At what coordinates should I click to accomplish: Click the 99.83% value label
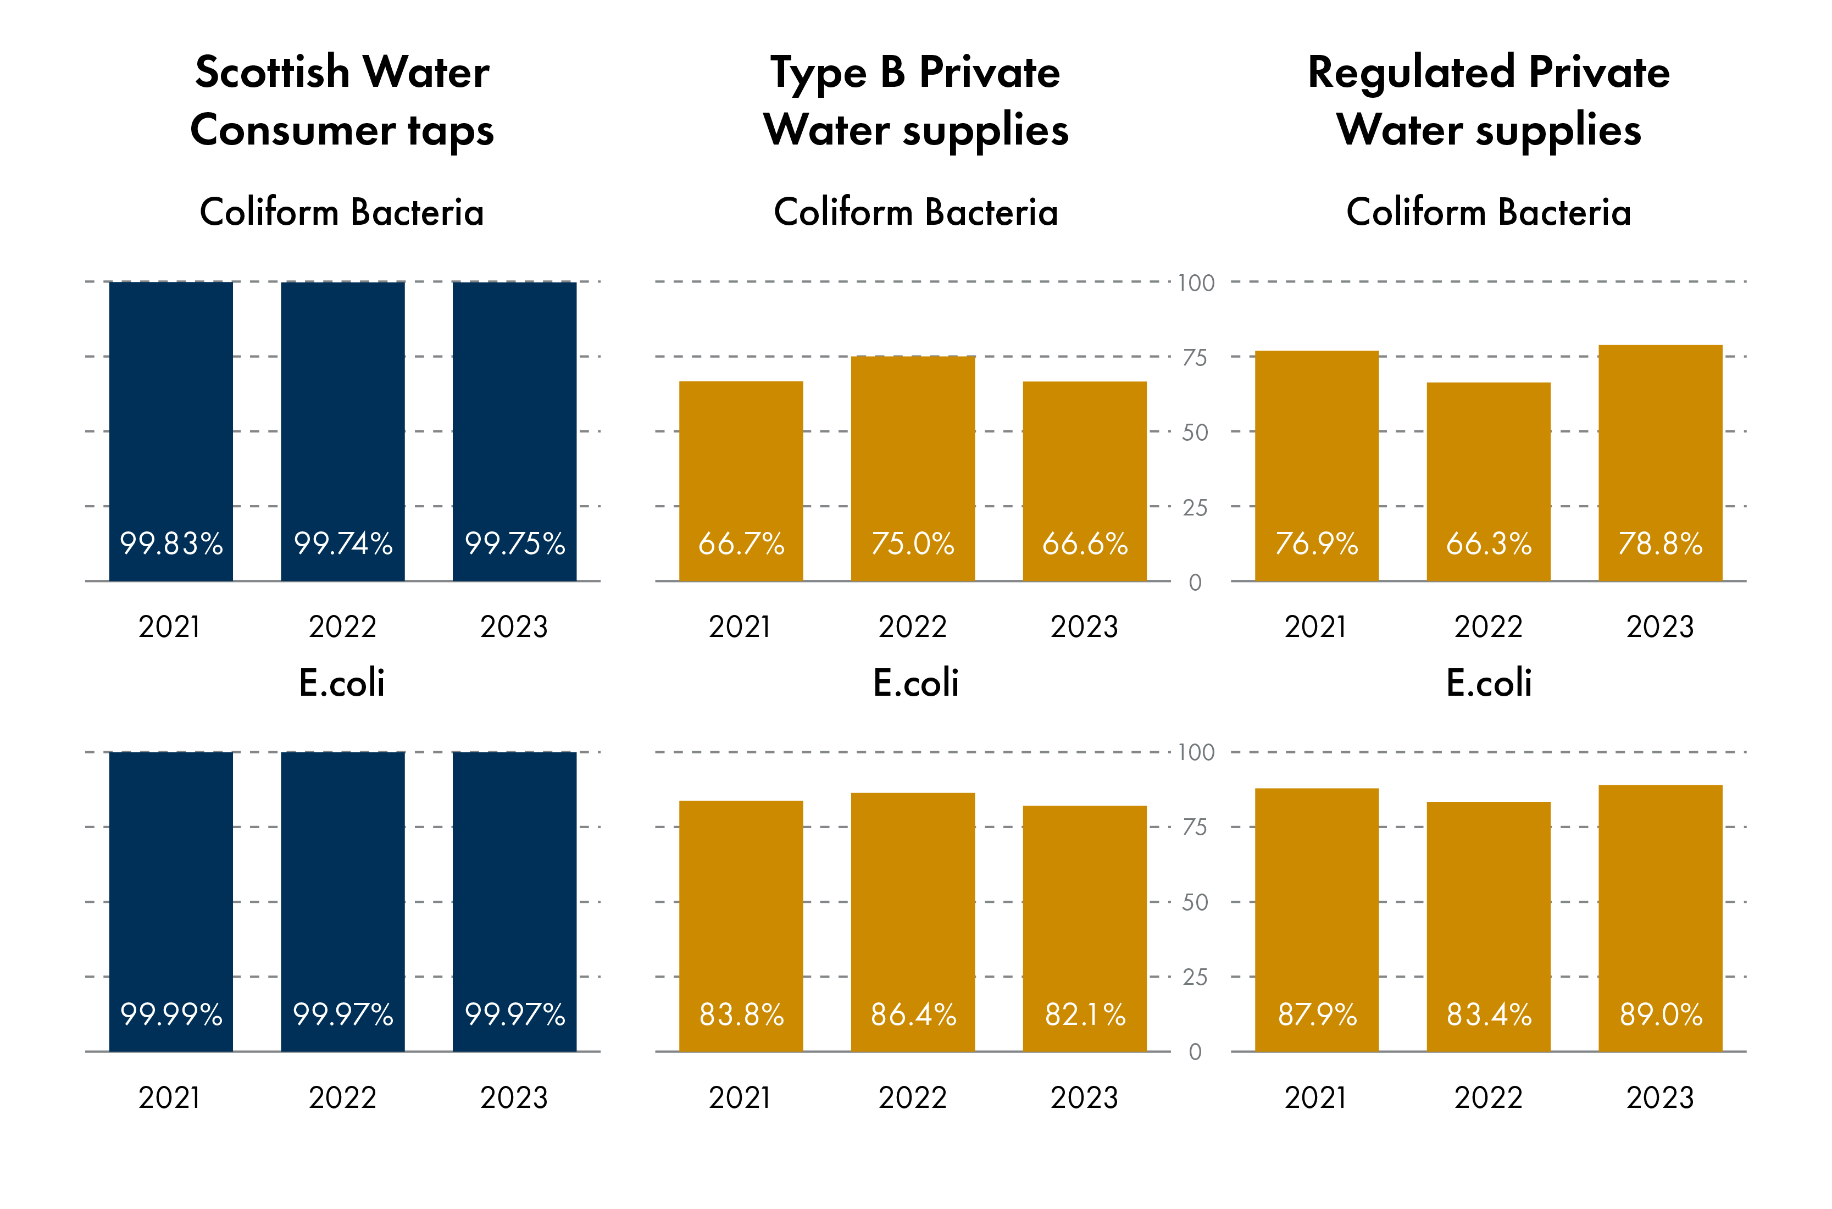[171, 544]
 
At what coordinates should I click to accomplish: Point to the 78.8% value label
[1660, 544]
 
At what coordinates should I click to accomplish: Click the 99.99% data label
[171, 1014]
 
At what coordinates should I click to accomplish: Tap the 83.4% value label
[1488, 1014]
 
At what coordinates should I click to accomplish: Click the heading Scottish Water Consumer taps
[342, 100]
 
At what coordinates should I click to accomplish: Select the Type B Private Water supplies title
[915, 100]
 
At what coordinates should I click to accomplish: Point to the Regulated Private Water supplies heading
[1488, 100]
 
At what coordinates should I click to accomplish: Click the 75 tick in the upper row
[1195, 358]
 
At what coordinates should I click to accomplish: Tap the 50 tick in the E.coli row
[1195, 902]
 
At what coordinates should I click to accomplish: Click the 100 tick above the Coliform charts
[1196, 283]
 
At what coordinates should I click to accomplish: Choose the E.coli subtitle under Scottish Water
[342, 683]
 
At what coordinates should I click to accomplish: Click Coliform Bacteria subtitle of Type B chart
[915, 212]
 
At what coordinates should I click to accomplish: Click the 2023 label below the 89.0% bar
[1660, 1097]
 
